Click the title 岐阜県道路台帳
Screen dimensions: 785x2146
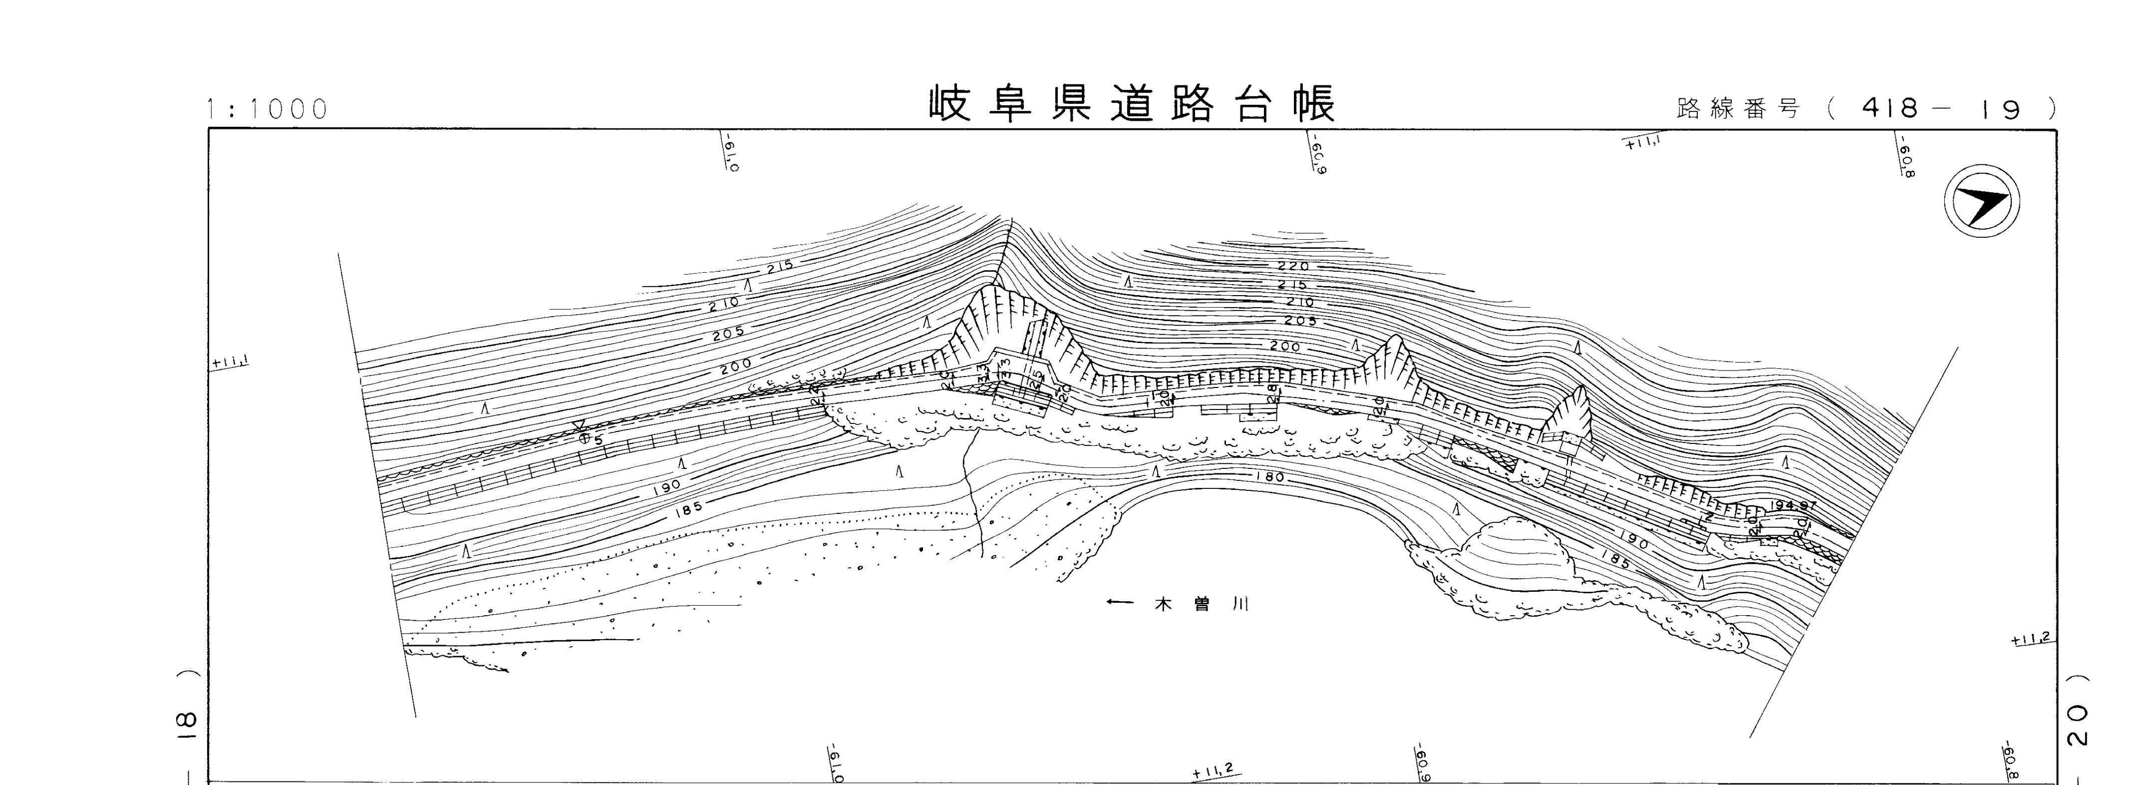click(x=1131, y=104)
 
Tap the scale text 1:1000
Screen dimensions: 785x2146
click(x=268, y=109)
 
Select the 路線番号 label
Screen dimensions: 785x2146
click(x=1737, y=109)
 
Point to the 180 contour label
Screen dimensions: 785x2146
click(x=1268, y=478)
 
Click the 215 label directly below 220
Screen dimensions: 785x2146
click(x=1293, y=285)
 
